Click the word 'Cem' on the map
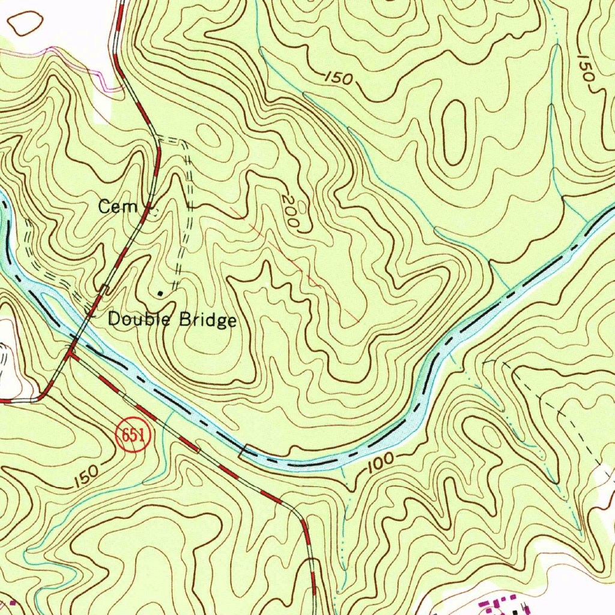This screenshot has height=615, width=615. pyautogui.click(x=118, y=208)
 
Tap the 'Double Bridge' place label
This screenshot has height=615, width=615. pyautogui.click(x=172, y=320)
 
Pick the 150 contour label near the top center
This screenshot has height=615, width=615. pyautogui.click(x=341, y=77)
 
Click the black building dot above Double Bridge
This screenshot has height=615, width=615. pyautogui.click(x=160, y=292)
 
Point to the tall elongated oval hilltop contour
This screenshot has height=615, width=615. pyautogui.click(x=455, y=132)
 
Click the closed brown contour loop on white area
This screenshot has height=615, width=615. pyautogui.click(x=25, y=23)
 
